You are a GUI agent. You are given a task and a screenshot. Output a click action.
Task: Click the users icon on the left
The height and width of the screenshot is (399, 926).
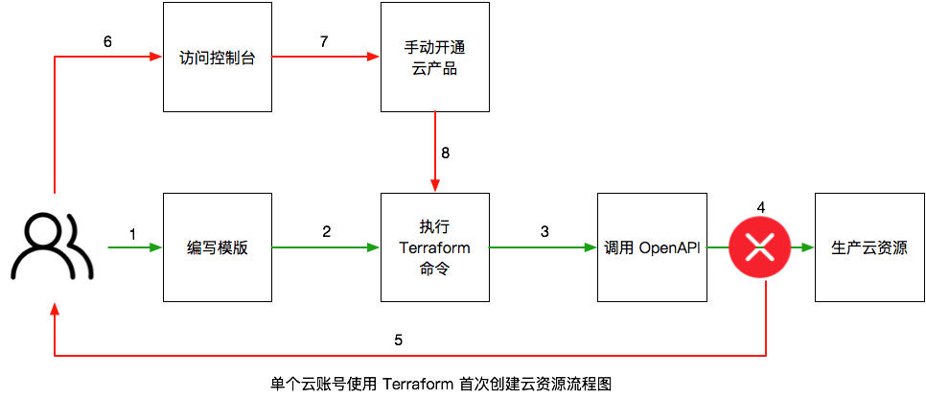pos(52,247)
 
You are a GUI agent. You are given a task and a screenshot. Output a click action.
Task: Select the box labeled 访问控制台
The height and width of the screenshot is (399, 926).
pos(217,57)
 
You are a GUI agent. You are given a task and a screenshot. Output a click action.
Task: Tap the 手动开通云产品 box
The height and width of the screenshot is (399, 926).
pos(434,57)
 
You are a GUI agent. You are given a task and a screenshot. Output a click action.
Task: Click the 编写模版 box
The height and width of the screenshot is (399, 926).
pos(217,247)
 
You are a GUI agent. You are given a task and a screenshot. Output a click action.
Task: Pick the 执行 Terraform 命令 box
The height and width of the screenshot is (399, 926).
pos(434,247)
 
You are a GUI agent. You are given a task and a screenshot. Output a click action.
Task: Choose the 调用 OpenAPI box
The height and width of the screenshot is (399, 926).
pos(652,247)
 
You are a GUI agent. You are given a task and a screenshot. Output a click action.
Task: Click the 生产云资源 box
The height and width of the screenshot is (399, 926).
pos(869,247)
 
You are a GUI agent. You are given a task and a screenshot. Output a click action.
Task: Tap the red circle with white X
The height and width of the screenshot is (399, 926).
pos(761,247)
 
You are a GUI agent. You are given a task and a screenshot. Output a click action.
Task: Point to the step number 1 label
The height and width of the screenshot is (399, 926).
pos(132,234)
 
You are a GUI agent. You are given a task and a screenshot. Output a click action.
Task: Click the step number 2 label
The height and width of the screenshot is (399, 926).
pos(326,232)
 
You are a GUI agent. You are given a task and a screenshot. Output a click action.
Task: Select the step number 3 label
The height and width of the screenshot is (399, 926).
pos(544,232)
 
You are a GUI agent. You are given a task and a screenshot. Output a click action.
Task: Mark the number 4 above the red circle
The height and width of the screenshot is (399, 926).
pos(761,207)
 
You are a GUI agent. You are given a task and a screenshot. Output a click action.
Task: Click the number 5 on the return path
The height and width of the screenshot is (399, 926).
pos(398,340)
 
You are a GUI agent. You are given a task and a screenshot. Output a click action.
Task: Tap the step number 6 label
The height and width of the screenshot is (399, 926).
pos(107,41)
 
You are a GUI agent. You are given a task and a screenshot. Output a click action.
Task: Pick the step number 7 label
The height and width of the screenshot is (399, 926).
pos(323,41)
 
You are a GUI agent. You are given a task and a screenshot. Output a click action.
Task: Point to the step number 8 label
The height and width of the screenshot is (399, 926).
pos(446,153)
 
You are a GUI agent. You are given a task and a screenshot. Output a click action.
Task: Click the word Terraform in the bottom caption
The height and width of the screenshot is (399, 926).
pos(419,385)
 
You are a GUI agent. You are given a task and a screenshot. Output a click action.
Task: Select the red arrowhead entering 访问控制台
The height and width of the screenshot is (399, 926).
pos(156,57)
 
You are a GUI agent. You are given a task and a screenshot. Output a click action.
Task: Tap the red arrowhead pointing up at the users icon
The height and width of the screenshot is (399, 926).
pos(55,310)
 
